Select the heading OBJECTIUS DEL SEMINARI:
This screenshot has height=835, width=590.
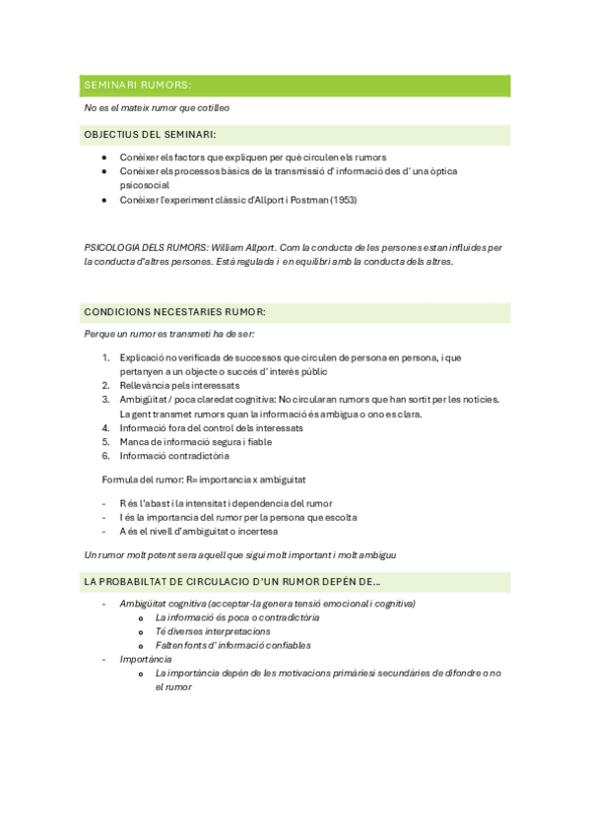pyautogui.click(x=150, y=135)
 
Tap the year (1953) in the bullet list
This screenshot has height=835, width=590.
pyautogui.click(x=341, y=200)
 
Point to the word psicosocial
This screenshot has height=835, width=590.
pyautogui.click(x=144, y=185)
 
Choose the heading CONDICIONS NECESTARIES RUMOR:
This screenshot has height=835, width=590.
pyautogui.click(x=174, y=312)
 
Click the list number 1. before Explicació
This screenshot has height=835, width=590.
pyautogui.click(x=106, y=357)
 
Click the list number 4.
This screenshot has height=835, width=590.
pyautogui.click(x=106, y=428)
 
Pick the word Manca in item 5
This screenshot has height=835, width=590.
pyautogui.click(x=134, y=442)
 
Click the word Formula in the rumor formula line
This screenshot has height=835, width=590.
pyautogui.click(x=121, y=479)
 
